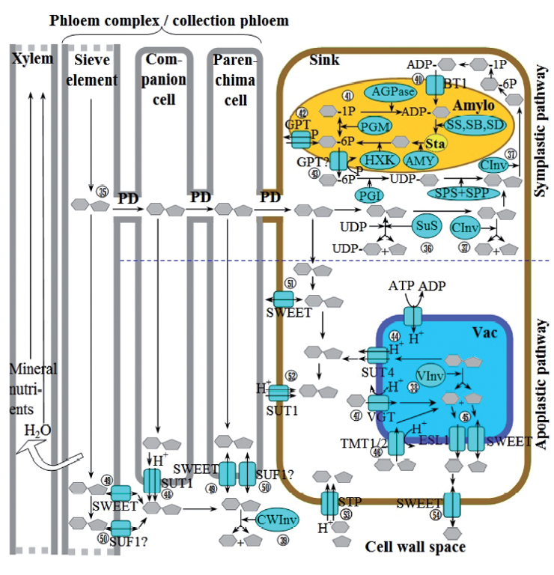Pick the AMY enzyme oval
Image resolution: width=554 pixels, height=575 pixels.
coord(421,159)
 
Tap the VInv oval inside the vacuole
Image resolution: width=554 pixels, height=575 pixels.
coord(429,376)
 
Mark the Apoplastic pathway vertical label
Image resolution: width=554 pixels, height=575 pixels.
coord(542,384)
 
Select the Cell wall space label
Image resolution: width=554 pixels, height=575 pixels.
coord(415,547)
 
